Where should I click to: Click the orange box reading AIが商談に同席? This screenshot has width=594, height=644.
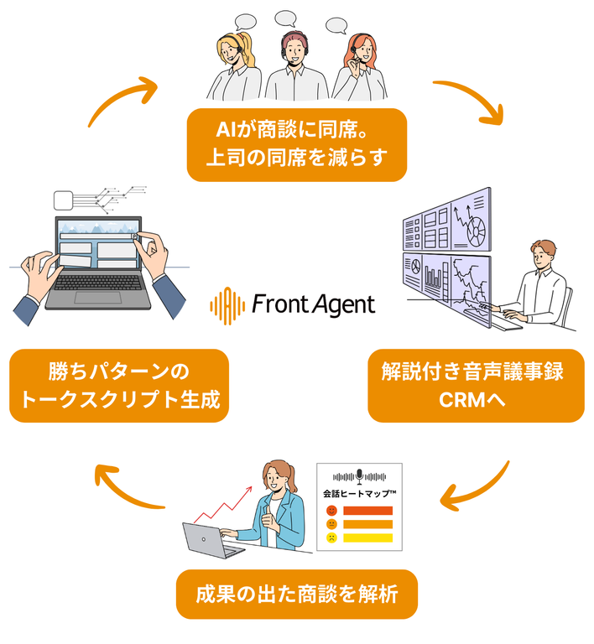[296, 144]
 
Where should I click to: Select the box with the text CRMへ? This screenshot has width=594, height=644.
[476, 385]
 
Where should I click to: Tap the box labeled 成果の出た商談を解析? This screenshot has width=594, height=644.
[296, 595]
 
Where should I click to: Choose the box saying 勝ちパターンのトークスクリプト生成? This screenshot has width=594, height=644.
[118, 385]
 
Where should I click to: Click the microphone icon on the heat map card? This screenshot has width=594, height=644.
[359, 475]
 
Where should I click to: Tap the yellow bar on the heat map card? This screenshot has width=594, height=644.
[368, 538]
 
